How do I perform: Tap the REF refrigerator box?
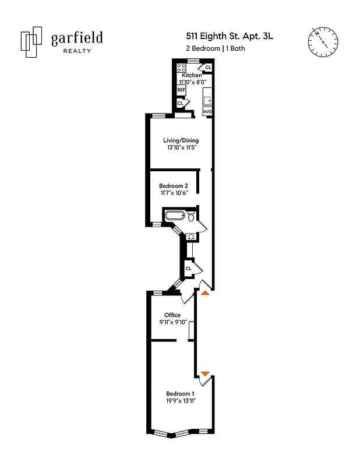click(x=181, y=90)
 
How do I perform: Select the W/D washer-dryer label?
click(x=207, y=110)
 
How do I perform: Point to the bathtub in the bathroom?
click(x=174, y=216)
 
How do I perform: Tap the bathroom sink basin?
click(x=190, y=237)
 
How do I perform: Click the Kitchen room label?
click(x=192, y=75)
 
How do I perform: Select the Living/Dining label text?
click(x=180, y=140)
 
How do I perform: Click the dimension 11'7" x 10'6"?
click(x=174, y=193)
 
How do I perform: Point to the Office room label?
click(x=172, y=315)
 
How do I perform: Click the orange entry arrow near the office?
click(x=204, y=293)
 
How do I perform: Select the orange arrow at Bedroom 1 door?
click(x=204, y=373)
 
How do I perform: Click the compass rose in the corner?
click(x=322, y=41)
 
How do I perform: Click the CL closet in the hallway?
click(x=188, y=267)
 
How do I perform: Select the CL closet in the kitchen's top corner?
click(x=208, y=68)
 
